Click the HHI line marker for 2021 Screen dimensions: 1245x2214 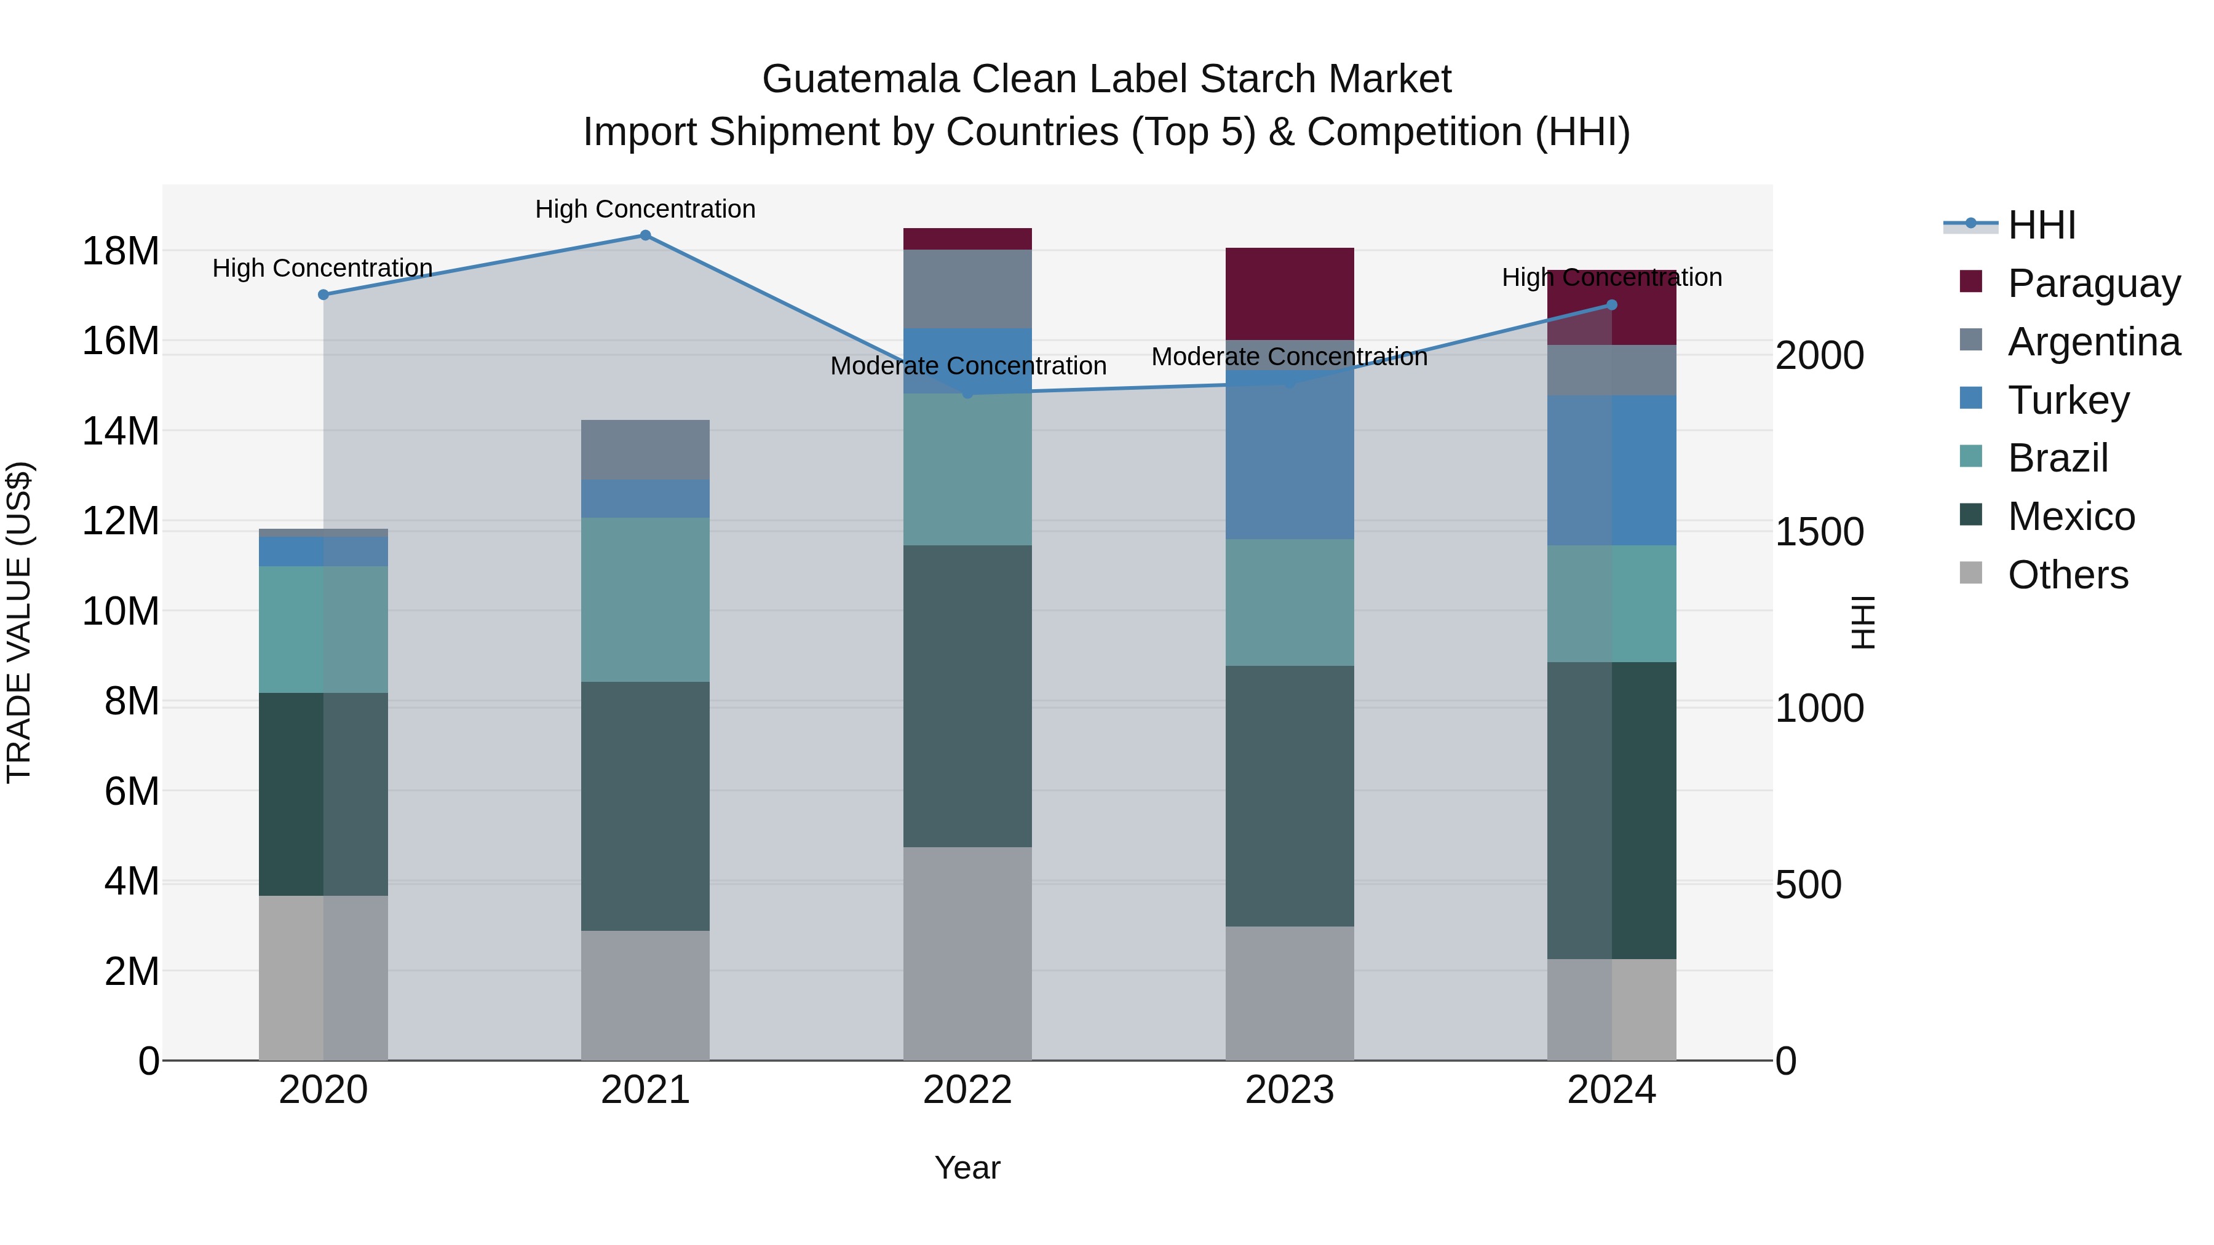point(646,235)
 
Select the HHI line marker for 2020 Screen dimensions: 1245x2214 point(323,294)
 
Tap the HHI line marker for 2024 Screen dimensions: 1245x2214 point(1611,305)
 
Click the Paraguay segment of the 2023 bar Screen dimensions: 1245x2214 point(1289,294)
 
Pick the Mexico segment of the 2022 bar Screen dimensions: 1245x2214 point(967,696)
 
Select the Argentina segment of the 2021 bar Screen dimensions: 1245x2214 point(646,449)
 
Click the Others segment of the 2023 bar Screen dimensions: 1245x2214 point(1289,994)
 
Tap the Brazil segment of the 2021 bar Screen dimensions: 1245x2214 point(646,599)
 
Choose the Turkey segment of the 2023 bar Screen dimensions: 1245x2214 point(1289,456)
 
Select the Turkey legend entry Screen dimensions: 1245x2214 point(2068,400)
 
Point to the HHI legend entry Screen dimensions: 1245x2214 point(2041,225)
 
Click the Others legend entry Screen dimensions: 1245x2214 point(2067,574)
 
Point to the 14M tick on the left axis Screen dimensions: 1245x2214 point(121,430)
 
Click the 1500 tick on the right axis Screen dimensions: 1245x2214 point(1820,532)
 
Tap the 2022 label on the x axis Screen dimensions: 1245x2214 point(967,1090)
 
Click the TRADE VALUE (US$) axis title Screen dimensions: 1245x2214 point(20,622)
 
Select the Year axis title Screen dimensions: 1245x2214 point(967,1168)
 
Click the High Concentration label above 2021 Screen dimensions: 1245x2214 point(646,209)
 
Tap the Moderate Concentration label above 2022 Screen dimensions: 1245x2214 point(968,366)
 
